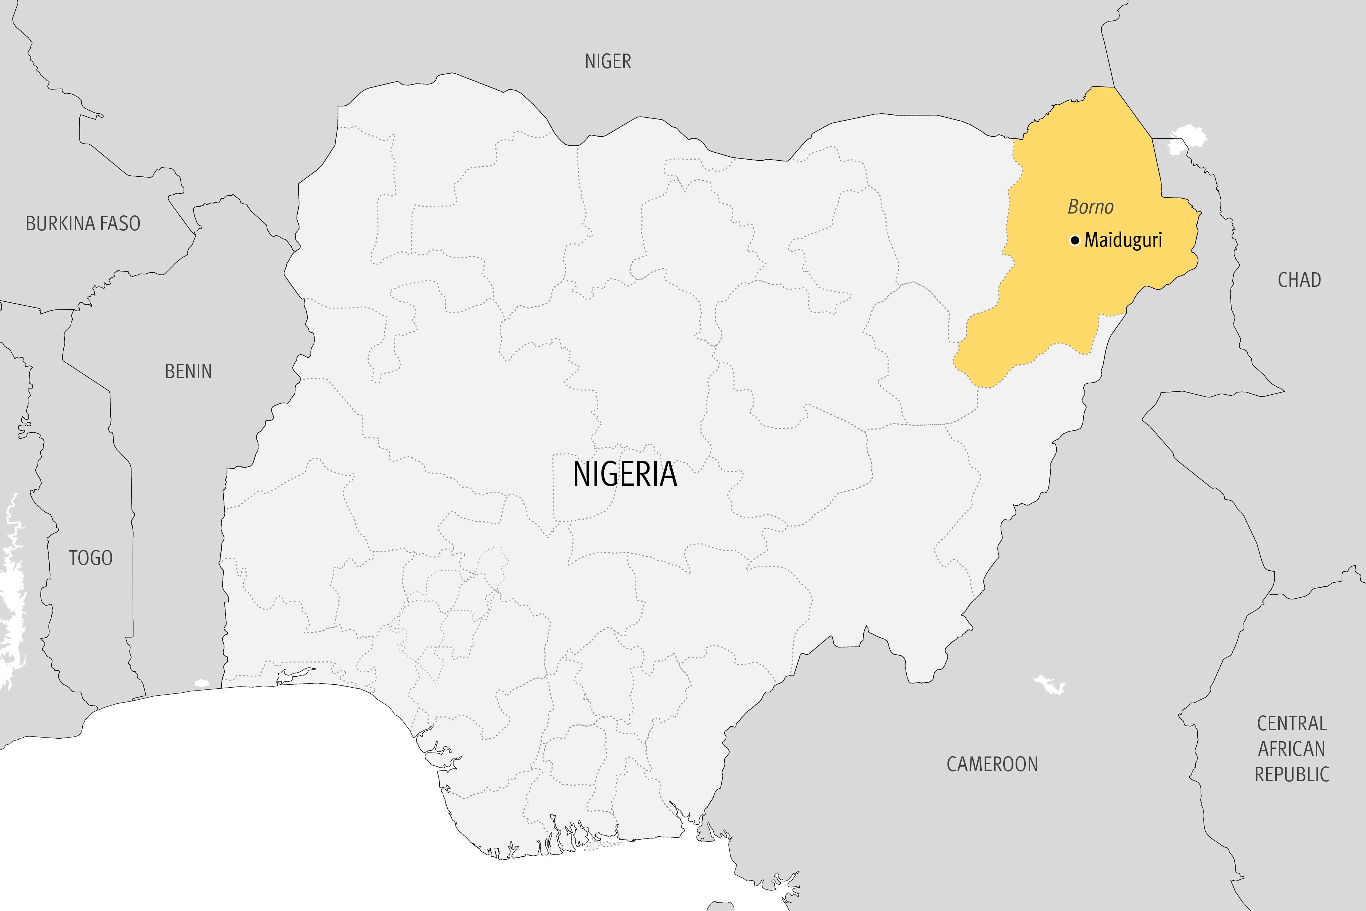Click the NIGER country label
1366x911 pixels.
[x=608, y=61]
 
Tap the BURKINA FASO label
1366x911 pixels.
[x=83, y=223]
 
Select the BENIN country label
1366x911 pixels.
[x=188, y=371]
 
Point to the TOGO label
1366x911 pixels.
[x=91, y=558]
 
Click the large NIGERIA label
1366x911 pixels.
[x=625, y=474]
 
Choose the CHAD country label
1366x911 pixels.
[x=1299, y=280]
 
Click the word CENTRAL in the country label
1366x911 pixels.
[x=1292, y=723]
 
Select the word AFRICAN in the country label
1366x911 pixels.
[x=1292, y=749]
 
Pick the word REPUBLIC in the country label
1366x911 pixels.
[x=1292, y=774]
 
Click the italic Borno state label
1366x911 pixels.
[x=1090, y=207]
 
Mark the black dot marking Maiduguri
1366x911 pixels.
[x=1075, y=240]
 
